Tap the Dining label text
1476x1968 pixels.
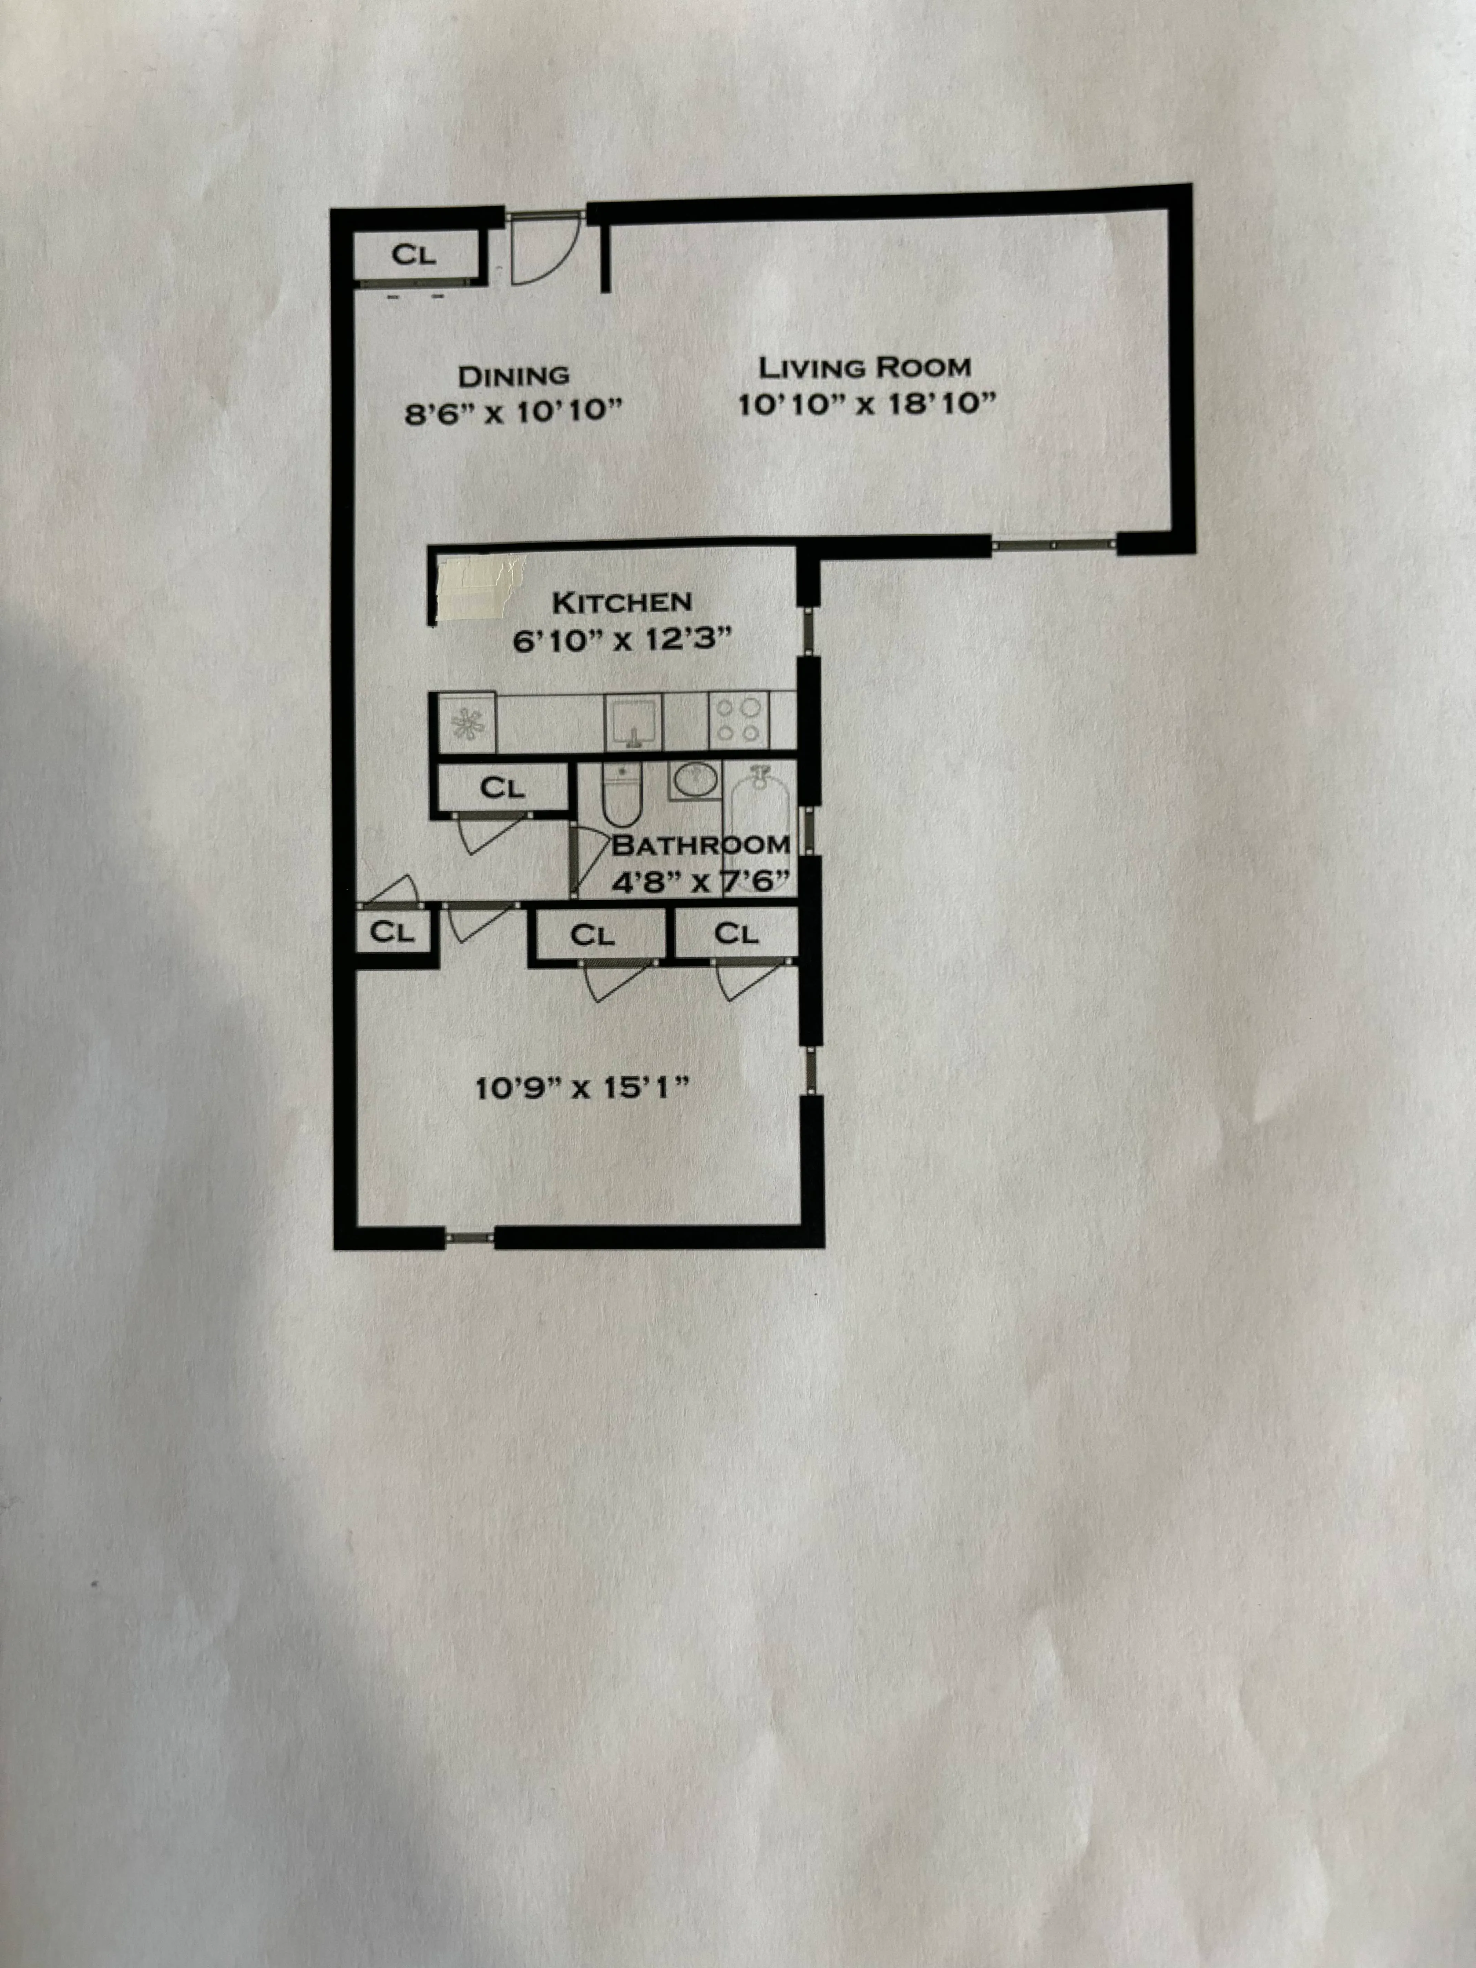pos(513,376)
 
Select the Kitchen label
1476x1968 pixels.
pos(622,602)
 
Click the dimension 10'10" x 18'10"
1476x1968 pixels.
pos(865,405)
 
